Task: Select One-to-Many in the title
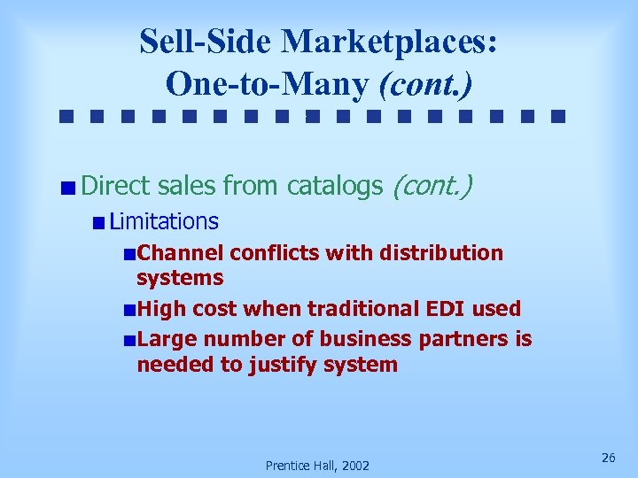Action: click(267, 83)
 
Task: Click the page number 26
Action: click(608, 458)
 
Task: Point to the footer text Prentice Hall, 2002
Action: click(318, 466)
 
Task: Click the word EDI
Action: click(452, 309)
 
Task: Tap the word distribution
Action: click(441, 253)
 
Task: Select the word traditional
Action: click(350, 309)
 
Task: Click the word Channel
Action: click(181, 253)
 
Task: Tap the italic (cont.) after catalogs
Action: click(432, 186)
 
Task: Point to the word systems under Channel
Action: click(180, 278)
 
